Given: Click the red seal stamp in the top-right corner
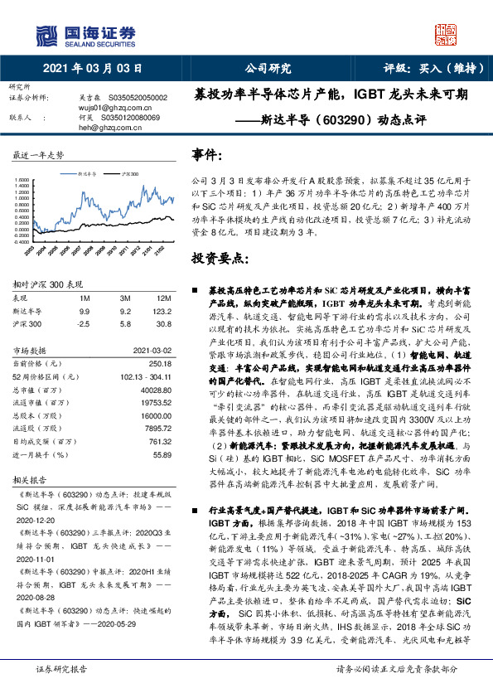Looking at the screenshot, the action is point(446,34).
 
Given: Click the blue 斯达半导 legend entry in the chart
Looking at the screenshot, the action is point(88,175).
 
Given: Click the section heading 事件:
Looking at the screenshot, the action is point(207,155).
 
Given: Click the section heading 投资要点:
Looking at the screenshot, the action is point(219,258).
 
